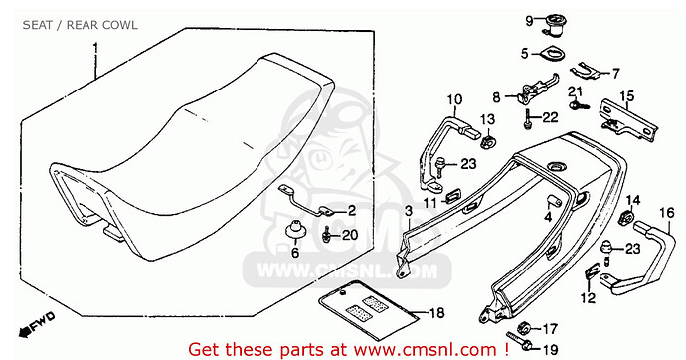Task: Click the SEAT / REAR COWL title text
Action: (81, 25)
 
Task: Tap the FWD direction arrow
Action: (37, 324)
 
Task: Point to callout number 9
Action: (529, 21)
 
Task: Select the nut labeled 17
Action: (523, 327)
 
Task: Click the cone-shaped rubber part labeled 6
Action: (294, 229)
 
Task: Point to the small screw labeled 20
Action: (326, 236)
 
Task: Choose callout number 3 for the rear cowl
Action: (409, 211)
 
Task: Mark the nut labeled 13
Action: (489, 141)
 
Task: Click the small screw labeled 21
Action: (580, 105)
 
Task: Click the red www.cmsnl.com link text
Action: (425, 349)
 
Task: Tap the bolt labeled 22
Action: (528, 118)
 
